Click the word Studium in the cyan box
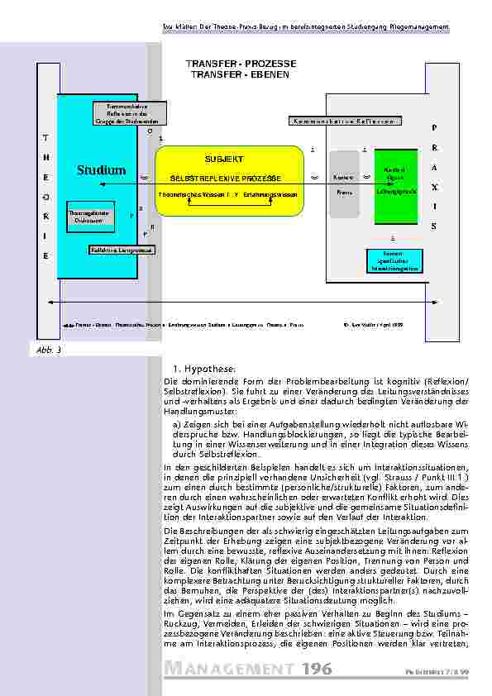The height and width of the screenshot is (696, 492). tap(102, 169)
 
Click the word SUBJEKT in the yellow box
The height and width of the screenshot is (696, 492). tap(229, 157)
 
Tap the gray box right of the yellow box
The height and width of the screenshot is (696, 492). tap(344, 184)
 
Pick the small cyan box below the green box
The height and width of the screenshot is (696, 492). tap(394, 261)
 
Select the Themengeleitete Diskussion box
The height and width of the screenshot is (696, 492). tap(83, 217)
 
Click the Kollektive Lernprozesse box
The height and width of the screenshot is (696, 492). tap(122, 248)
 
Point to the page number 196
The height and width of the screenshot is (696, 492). tap(318, 669)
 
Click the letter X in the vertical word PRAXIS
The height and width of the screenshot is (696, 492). tap(435, 188)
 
